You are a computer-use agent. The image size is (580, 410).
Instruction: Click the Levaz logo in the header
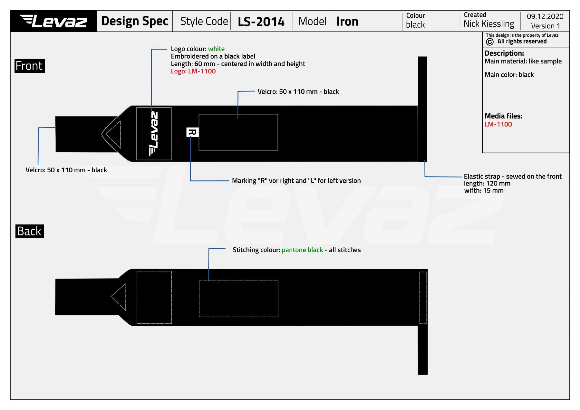[53, 21]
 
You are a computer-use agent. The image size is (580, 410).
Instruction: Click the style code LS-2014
[261, 22]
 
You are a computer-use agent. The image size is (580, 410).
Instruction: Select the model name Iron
[347, 21]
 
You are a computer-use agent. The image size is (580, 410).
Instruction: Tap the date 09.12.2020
[545, 16]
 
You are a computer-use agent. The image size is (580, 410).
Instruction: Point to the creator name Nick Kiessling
[489, 24]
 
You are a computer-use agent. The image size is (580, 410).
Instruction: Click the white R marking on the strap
[192, 132]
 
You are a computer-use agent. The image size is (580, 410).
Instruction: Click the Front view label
[29, 66]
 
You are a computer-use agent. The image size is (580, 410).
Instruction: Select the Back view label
[29, 231]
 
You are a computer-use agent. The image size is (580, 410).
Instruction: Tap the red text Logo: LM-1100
[193, 71]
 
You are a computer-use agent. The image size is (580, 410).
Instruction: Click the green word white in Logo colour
[216, 49]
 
